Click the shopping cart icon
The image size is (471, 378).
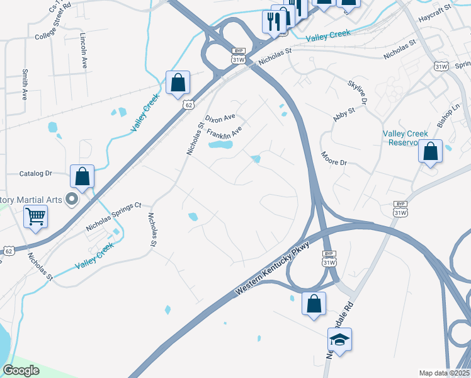click(36, 217)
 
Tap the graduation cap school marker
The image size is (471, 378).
click(340, 340)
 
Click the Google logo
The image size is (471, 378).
click(21, 370)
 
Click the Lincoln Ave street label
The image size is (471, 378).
click(83, 51)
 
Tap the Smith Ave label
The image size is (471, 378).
click(25, 84)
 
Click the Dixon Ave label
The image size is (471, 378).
click(220, 118)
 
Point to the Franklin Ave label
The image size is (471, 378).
click(225, 134)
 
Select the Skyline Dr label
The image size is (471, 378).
click(357, 93)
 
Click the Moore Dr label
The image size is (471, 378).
click(334, 158)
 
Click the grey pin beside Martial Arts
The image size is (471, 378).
click(72, 200)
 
